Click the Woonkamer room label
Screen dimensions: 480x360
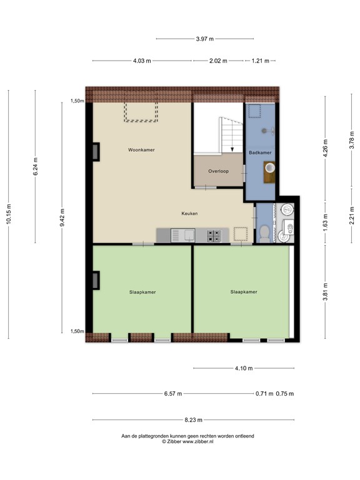point(141,150)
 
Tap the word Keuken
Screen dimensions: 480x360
point(189,214)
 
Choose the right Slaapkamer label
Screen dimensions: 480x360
point(243,291)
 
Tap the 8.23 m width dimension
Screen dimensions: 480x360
point(192,420)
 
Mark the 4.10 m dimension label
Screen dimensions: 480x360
point(244,368)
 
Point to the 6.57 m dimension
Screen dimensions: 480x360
point(173,394)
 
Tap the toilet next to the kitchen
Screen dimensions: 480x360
point(265,233)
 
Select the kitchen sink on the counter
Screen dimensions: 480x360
point(189,235)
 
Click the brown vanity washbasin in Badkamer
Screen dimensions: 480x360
point(270,171)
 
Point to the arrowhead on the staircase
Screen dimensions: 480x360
point(232,150)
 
